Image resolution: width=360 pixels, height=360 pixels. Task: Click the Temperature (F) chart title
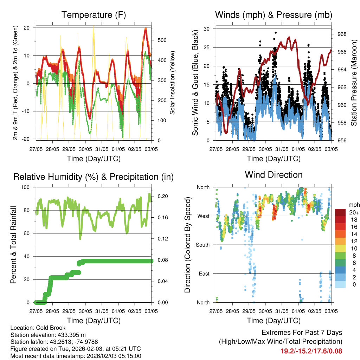point(94,15)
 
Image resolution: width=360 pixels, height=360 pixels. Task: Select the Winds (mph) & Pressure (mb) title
point(274,15)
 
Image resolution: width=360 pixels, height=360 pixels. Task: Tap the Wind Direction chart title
point(274,175)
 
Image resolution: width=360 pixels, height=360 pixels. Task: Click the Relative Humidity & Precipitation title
point(94,177)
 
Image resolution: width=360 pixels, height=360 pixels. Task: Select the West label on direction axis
point(204,216)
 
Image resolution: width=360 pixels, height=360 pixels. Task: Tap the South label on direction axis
point(203,245)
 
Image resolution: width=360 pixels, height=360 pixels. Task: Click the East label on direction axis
point(204,274)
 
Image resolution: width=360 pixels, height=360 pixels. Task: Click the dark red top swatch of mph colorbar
point(340,212)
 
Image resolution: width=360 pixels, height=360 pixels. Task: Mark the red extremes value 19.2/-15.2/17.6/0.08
point(311,351)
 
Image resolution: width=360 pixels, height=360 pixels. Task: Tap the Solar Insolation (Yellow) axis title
point(173,83)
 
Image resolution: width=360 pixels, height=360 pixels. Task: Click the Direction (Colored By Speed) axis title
point(187,245)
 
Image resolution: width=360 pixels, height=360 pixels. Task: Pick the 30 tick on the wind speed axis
point(207,29)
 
